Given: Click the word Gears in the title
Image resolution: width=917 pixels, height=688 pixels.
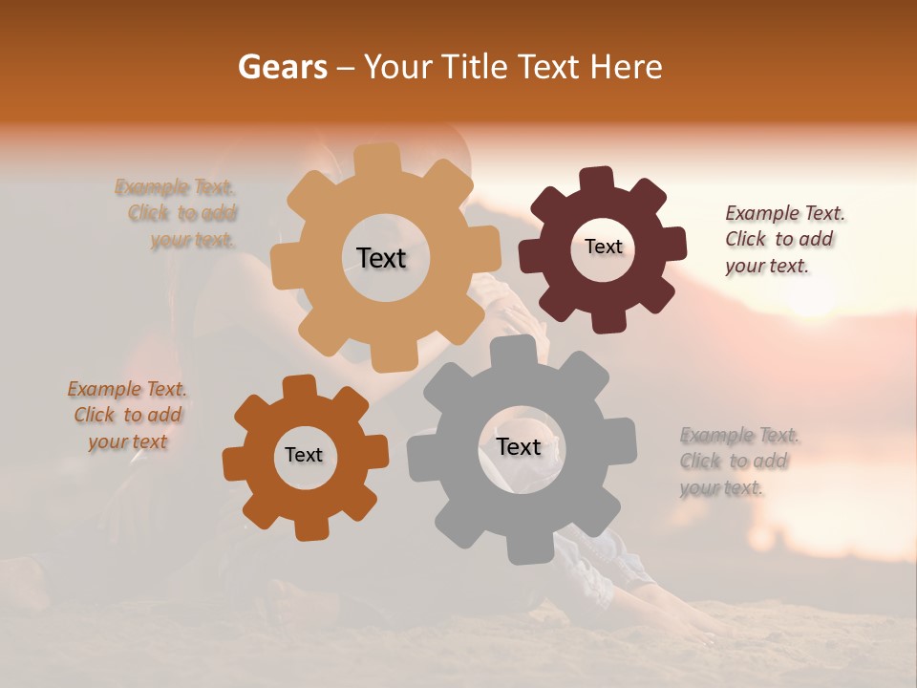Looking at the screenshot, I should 281,67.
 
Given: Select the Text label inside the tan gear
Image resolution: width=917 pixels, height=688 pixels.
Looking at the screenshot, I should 381,258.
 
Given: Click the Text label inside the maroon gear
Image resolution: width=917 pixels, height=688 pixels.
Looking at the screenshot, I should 603,247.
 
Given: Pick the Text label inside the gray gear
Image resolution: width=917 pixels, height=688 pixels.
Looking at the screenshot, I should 519,446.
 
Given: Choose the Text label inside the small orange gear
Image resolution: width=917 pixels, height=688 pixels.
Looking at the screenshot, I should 304,455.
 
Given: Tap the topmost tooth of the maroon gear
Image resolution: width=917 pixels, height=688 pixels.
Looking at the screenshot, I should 597,180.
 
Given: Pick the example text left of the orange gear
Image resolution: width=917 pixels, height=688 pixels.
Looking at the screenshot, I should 127,416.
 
